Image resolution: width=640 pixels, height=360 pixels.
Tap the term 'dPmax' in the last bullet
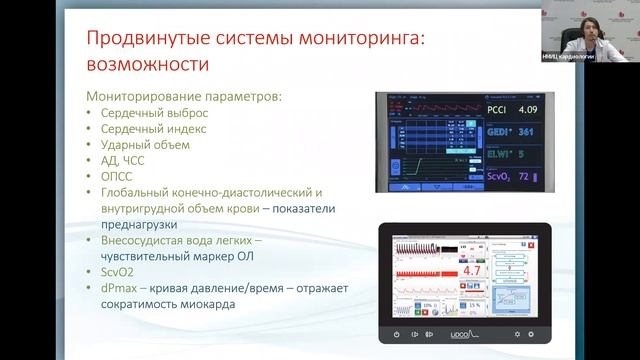click(118, 289)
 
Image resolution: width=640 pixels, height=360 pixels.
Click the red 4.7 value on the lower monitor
click(472, 269)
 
